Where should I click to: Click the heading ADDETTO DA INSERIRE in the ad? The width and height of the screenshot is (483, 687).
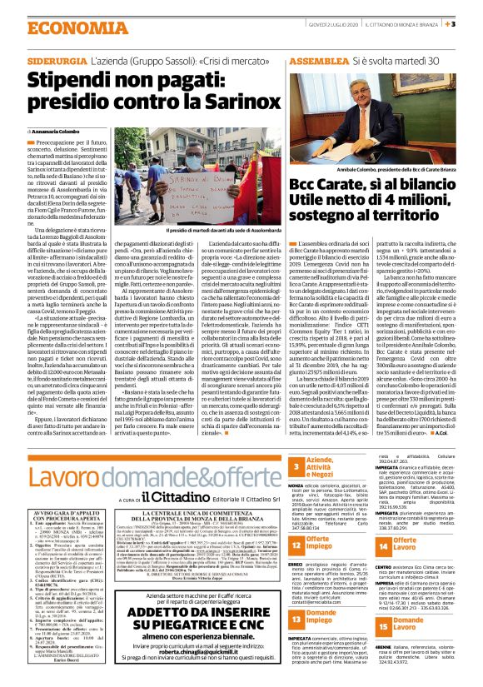coord(202,589)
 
